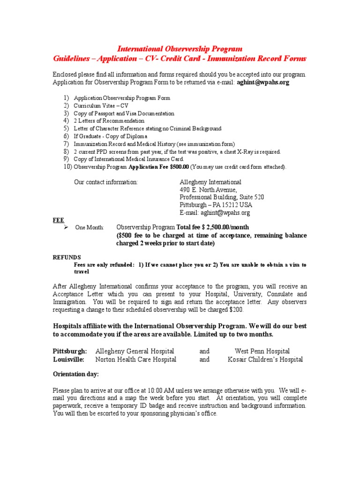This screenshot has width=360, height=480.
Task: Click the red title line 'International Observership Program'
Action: (x=180, y=49)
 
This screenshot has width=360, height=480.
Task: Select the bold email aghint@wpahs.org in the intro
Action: (x=263, y=82)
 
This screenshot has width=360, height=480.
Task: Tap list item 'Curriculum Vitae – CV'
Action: (x=101, y=106)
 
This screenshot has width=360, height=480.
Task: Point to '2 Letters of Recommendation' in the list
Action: (x=109, y=121)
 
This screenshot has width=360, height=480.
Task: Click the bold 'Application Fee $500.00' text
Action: (x=158, y=167)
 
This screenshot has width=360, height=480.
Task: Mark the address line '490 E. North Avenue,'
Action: (x=209, y=190)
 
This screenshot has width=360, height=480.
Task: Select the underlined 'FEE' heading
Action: (x=58, y=220)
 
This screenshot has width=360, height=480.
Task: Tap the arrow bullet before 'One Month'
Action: (x=66, y=227)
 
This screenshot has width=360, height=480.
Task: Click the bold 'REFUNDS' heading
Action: (x=66, y=257)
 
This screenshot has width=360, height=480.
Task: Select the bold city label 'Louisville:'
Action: (x=68, y=360)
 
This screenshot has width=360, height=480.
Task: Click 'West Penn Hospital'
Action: (x=262, y=351)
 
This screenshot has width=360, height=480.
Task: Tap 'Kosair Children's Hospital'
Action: (x=265, y=360)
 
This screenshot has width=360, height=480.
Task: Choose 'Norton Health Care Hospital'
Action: (x=136, y=360)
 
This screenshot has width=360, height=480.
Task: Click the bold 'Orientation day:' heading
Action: (x=75, y=374)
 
